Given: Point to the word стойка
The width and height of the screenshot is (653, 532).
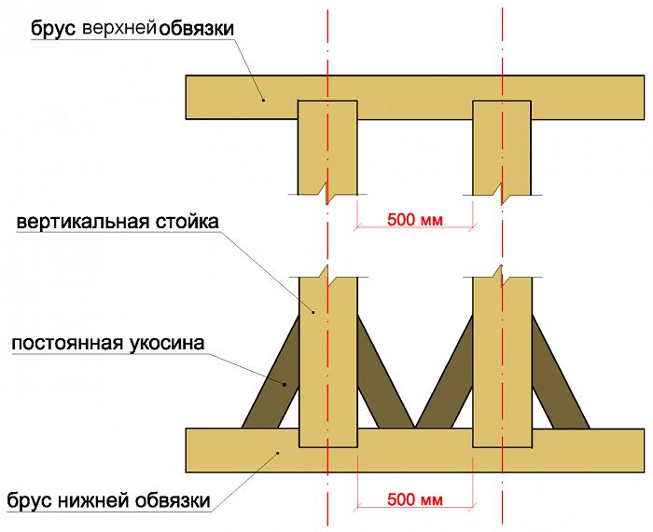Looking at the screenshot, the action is (x=188, y=222).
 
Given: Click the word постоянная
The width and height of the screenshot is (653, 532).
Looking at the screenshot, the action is (x=67, y=344).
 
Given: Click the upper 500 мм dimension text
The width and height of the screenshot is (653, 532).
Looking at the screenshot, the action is (x=415, y=220).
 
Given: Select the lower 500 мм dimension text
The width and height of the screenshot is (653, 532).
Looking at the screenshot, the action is (x=415, y=499).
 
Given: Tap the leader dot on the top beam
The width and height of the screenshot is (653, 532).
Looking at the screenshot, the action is (x=263, y=100).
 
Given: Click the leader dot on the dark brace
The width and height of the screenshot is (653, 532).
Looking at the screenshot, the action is (x=285, y=385).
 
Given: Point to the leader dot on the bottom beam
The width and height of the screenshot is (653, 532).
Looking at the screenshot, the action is (x=278, y=453).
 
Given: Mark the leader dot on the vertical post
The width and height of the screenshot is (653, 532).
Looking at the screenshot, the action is (x=313, y=311).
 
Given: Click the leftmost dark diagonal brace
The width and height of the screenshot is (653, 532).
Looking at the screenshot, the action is (x=271, y=373).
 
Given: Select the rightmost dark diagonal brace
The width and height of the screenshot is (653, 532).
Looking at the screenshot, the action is (x=560, y=373).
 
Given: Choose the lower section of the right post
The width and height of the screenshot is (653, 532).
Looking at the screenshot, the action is (x=502, y=361).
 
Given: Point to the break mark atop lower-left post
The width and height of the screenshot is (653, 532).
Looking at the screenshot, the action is (x=327, y=276).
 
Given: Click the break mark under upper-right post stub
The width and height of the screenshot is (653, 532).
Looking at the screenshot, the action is (x=502, y=194).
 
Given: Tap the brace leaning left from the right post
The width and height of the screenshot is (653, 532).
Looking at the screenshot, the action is (x=444, y=373).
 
